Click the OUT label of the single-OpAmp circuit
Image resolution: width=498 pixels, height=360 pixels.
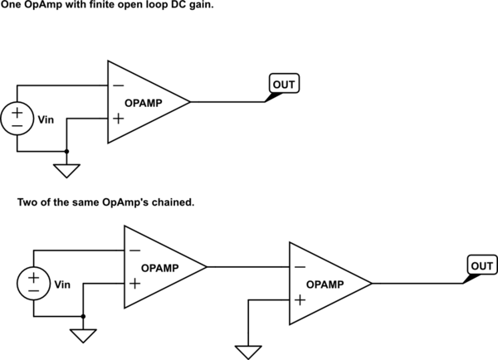tap(284, 84)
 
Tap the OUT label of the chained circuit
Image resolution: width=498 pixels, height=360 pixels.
tap(482, 265)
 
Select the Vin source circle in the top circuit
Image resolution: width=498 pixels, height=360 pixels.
tap(17, 119)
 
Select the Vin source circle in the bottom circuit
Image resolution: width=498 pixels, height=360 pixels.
tap(34, 284)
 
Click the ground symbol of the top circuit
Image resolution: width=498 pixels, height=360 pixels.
tap(66, 171)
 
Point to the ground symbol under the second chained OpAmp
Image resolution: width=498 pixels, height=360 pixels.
tap(248, 353)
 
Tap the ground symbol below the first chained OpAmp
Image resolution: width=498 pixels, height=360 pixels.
tap(83, 336)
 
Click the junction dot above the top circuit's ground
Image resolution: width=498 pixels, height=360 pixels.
tap(66, 152)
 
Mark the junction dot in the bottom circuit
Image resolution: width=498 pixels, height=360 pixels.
tap(83, 317)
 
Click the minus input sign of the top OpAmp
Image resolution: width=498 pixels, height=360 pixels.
tap(118, 85)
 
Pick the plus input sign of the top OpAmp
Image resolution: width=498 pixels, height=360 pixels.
tap(118, 119)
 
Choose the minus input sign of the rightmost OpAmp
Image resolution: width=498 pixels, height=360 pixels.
tap(300, 267)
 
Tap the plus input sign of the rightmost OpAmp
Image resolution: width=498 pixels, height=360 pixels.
tap(300, 300)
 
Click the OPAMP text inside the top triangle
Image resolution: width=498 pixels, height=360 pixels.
tap(144, 103)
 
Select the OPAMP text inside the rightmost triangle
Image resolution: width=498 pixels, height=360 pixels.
tap(325, 285)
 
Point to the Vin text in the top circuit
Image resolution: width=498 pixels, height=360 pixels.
tap(46, 119)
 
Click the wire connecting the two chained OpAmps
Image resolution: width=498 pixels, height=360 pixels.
tap(248, 267)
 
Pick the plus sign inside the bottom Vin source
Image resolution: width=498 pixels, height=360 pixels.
tap(33, 278)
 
